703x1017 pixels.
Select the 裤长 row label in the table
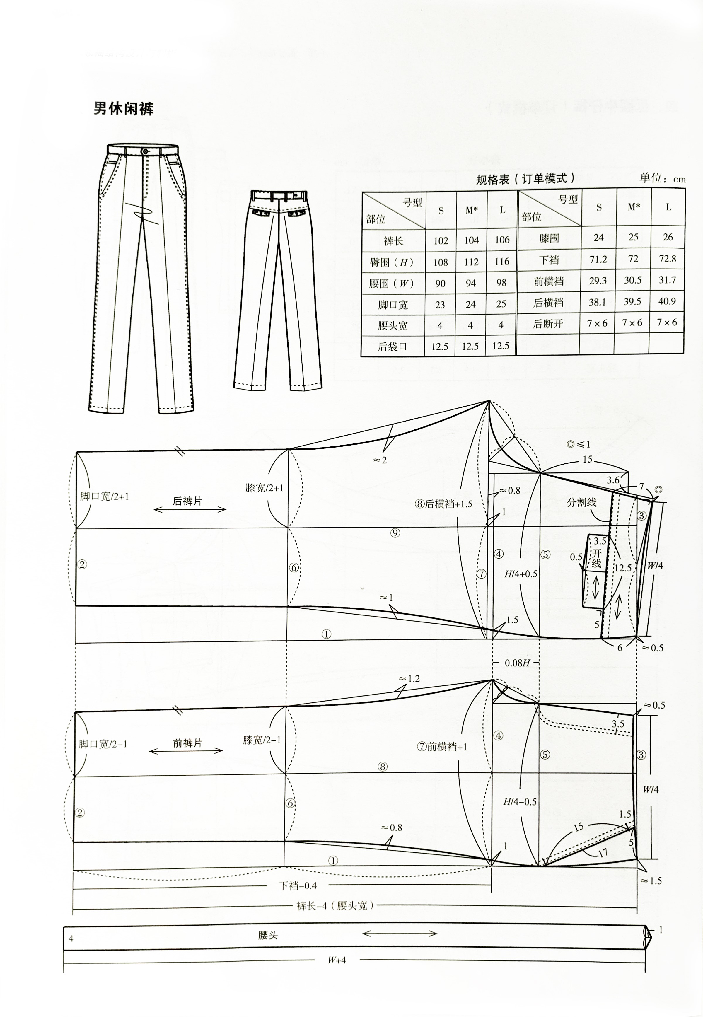393,240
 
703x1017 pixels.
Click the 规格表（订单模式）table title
526,178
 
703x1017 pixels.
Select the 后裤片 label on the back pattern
187,501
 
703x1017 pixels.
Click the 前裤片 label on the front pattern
187,743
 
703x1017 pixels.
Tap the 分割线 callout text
581,502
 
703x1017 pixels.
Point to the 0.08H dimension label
516,663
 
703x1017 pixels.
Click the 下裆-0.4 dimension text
298,885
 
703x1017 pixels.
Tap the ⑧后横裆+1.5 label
443,504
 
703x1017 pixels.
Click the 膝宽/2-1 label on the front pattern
262,740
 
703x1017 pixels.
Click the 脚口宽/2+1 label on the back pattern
104,496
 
